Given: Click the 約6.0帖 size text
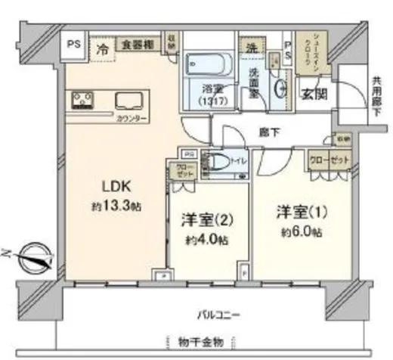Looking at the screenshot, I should pyautogui.click(x=296, y=231).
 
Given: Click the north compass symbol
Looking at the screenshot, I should pyautogui.click(x=33, y=257).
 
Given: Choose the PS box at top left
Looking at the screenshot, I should pyautogui.click(x=74, y=44).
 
